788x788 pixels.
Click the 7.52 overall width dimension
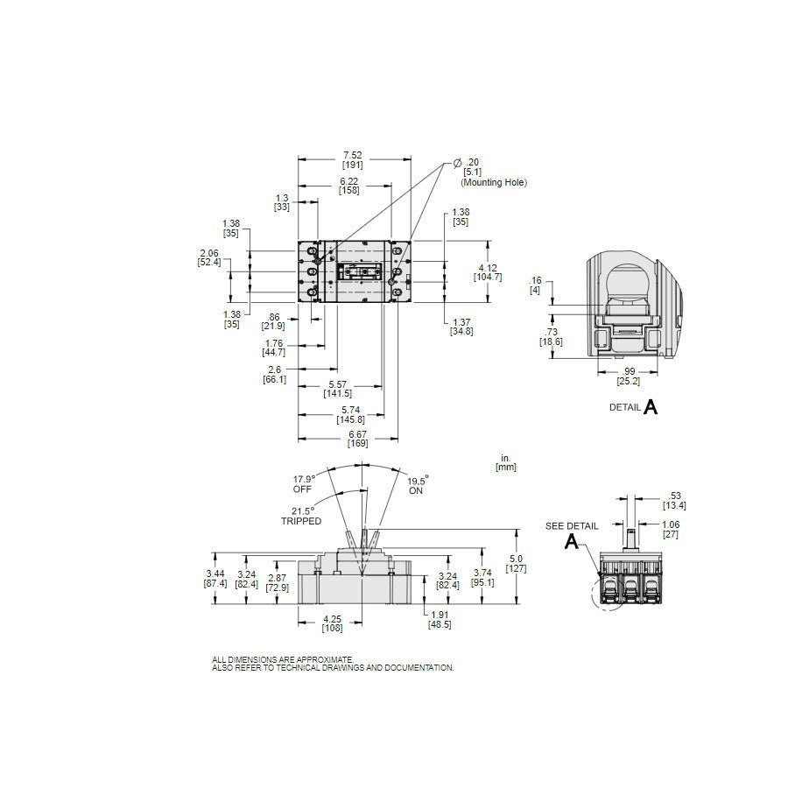click(x=352, y=160)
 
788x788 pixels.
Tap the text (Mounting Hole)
click(x=494, y=182)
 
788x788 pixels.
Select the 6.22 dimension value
click(x=348, y=186)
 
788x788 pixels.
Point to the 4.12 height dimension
click(x=488, y=272)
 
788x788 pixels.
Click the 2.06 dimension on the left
click(x=209, y=257)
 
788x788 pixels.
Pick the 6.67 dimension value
click(x=358, y=439)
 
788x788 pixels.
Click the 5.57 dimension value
click(x=338, y=389)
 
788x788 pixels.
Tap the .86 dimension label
click(x=273, y=321)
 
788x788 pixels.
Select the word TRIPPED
click(x=301, y=521)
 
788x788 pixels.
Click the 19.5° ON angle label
click(x=417, y=485)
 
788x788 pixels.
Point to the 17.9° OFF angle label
click(x=304, y=484)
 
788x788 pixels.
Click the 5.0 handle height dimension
click(x=516, y=563)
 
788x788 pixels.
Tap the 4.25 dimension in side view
click(x=332, y=623)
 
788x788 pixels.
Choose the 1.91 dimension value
click(x=440, y=620)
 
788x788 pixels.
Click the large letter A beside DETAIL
click(x=651, y=407)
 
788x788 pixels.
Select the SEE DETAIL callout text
click(x=572, y=526)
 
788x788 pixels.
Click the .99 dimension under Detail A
click(x=629, y=376)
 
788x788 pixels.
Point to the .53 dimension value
click(x=674, y=501)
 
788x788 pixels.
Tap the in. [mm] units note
click(x=506, y=462)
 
